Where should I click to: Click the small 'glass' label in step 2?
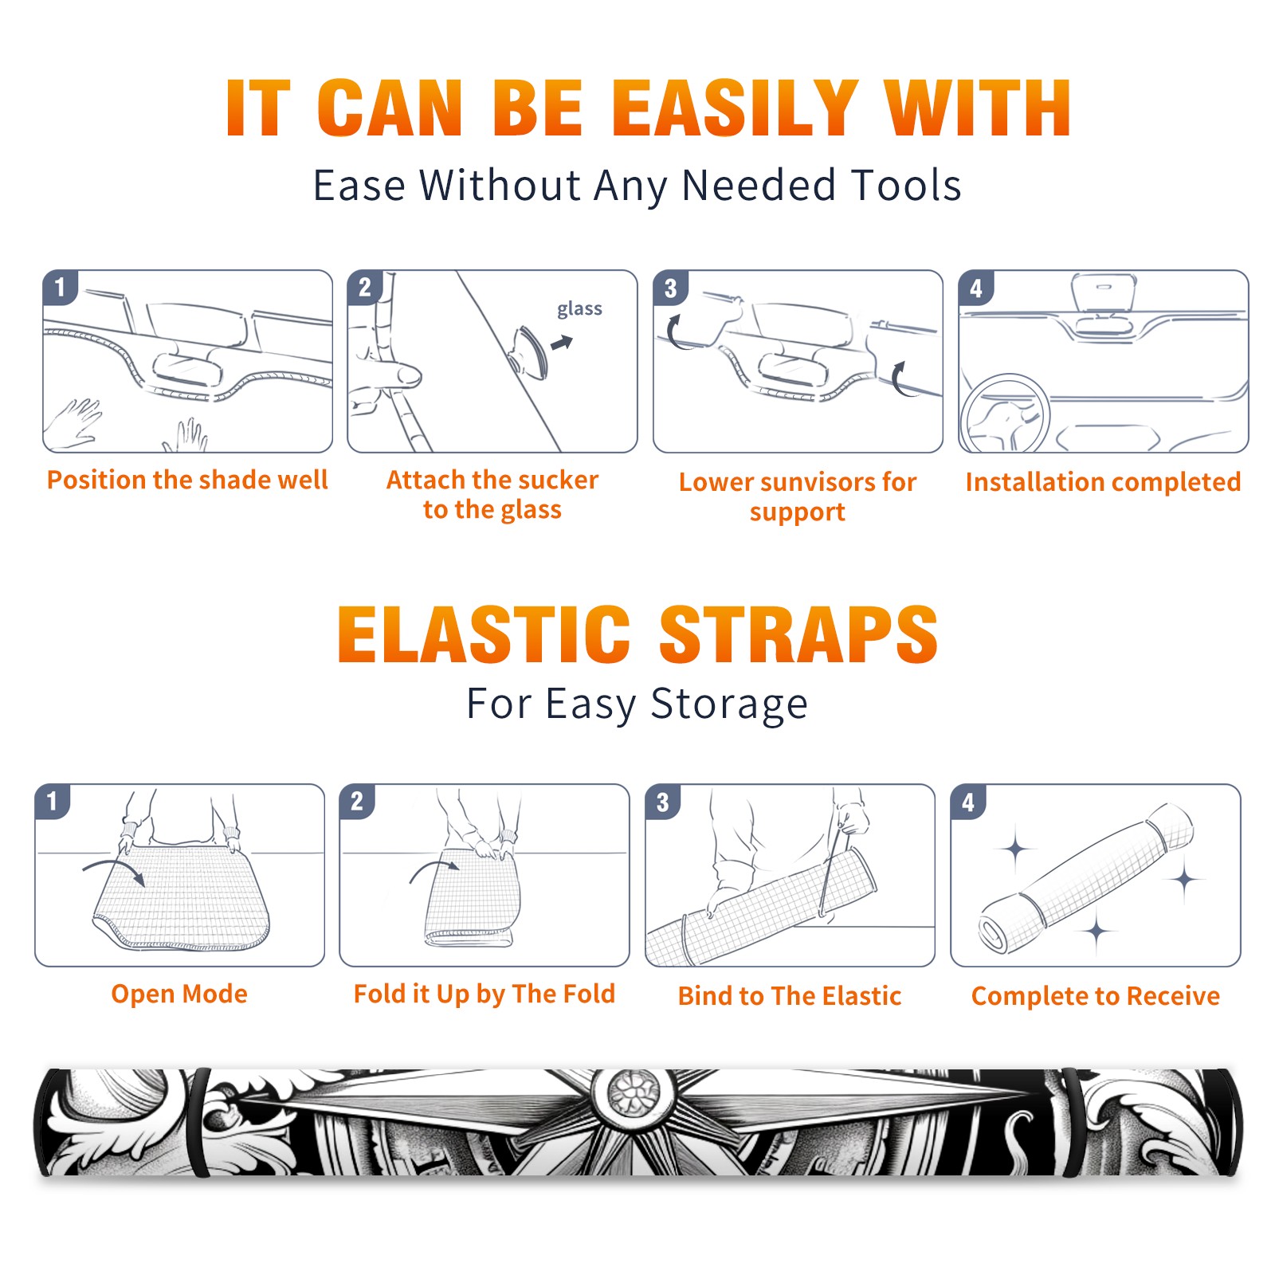click(x=579, y=309)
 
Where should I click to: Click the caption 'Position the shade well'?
click(x=187, y=480)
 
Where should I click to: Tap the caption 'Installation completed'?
click(x=1103, y=482)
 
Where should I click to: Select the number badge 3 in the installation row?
click(x=670, y=288)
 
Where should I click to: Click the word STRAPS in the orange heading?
click(x=798, y=634)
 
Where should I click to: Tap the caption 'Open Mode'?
click(x=179, y=994)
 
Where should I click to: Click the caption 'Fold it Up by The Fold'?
click(x=484, y=994)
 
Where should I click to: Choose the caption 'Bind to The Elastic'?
click(x=790, y=996)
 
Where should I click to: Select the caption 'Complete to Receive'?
click(x=1096, y=996)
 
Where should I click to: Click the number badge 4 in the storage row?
click(x=968, y=802)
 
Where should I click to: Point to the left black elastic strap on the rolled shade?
click(x=201, y=1122)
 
